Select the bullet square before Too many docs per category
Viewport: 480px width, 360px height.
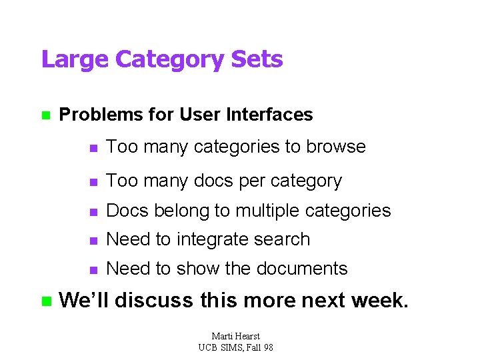(x=94, y=181)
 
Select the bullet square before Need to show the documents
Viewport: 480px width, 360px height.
(x=94, y=269)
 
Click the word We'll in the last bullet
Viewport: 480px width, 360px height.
(x=84, y=300)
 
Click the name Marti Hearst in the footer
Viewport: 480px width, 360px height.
(x=236, y=337)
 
